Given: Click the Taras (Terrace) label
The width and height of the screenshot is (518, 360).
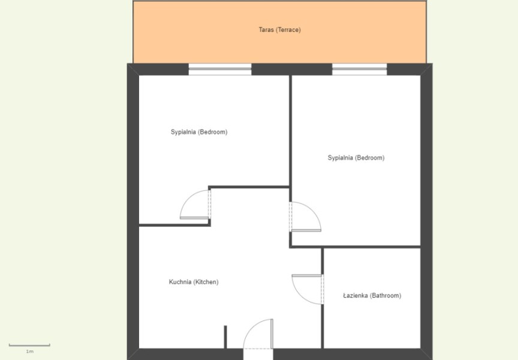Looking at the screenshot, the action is (279, 30).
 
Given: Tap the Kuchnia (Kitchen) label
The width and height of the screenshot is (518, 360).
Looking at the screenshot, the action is (194, 282).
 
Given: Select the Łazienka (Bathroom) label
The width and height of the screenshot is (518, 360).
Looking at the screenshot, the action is (372, 296).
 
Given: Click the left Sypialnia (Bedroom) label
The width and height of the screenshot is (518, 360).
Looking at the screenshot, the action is (199, 132).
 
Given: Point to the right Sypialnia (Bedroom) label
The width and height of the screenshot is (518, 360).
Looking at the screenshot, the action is (356, 158).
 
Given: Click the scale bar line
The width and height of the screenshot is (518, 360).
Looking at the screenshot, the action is (29, 345).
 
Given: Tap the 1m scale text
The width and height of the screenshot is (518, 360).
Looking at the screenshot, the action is (30, 352).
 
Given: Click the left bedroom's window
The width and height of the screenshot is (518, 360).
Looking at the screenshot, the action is (220, 70).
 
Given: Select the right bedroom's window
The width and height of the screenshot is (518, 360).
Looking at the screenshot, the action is (360, 70).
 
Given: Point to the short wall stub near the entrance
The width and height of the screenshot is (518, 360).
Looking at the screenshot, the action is (225, 337).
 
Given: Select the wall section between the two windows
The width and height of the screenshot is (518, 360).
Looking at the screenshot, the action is (292, 70).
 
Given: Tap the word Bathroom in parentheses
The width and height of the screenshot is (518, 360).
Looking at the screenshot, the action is (386, 296).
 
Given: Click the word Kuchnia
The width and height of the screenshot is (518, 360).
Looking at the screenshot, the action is (180, 282).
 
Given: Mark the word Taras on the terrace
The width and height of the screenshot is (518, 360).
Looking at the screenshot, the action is (266, 30).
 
